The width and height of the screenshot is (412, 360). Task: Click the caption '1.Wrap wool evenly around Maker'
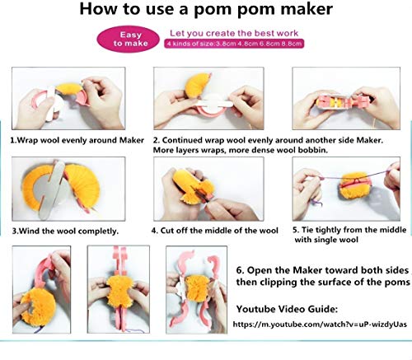coord(72,140)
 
